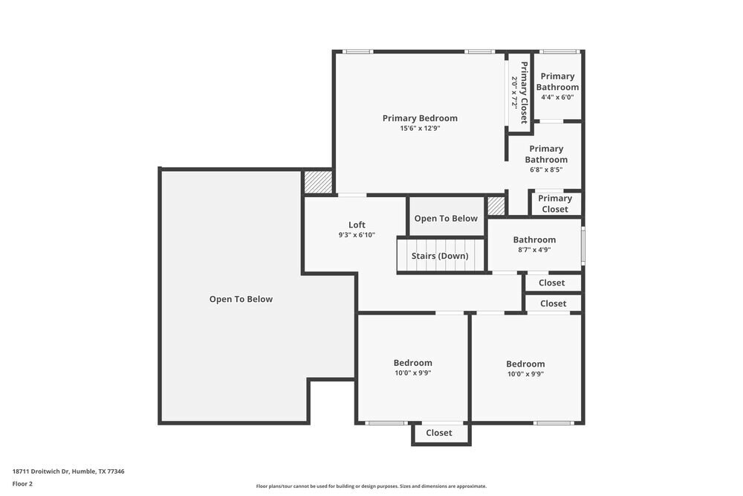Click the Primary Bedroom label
[x=420, y=118]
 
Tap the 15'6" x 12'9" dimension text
[x=420, y=129]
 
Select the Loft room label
[x=357, y=225]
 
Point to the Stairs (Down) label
[x=440, y=256]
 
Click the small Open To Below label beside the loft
[x=446, y=219]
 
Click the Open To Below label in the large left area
[x=241, y=300]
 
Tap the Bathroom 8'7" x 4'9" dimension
[x=534, y=250]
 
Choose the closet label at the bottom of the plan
[x=438, y=433]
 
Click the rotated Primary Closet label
[x=523, y=92]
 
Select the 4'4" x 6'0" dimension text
[x=557, y=97]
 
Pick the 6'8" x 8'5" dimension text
[x=546, y=170]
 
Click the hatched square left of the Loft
[x=317, y=182]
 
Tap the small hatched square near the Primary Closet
[x=496, y=206]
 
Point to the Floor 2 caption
[x=22, y=483]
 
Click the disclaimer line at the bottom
[x=371, y=486]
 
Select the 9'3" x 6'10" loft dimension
[x=357, y=235]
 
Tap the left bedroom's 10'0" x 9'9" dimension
[x=412, y=373]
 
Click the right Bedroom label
[x=525, y=364]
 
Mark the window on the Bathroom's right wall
[x=583, y=245]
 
